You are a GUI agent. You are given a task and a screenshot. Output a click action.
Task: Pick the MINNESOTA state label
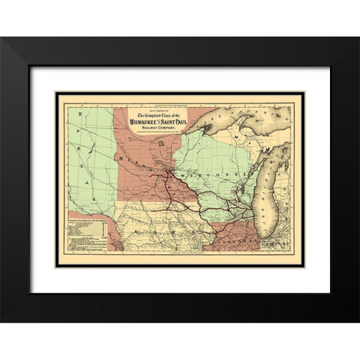(x=142, y=166)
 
